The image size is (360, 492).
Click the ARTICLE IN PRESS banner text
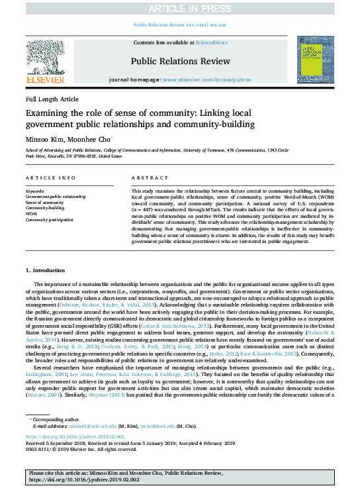click(x=180, y=8)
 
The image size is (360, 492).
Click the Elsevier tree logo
click(x=45, y=60)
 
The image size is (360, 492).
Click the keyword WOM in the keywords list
click(x=30, y=214)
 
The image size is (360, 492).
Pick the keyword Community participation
click(x=50, y=220)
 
